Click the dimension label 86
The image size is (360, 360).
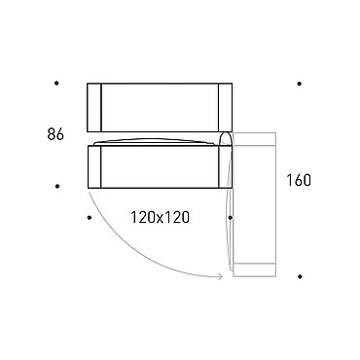click(55, 134)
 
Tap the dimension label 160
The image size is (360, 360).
click(299, 180)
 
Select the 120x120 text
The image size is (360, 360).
click(160, 217)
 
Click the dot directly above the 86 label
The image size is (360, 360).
click(56, 83)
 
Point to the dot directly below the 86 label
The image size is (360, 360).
click(57, 186)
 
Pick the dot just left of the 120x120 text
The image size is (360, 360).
click(90, 218)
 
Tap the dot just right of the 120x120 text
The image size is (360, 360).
click(230, 218)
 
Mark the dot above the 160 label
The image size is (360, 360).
click(299, 84)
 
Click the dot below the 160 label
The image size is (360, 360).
click(300, 276)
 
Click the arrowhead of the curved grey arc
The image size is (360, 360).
click(221, 276)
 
